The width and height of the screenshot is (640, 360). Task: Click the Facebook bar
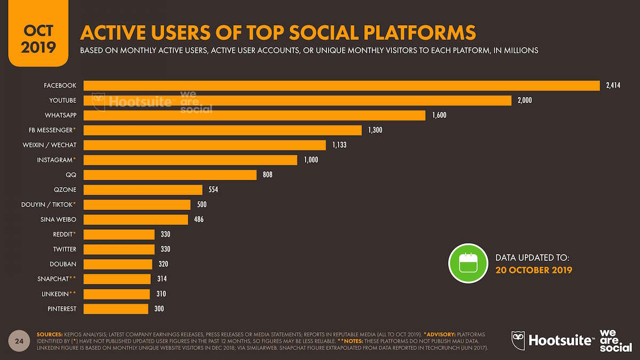pos(341,85)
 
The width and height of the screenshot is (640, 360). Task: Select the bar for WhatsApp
pos(254,115)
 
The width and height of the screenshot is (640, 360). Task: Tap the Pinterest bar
pos(116,309)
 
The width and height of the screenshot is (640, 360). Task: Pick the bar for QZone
pos(143,190)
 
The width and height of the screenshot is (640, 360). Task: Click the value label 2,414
pos(613,85)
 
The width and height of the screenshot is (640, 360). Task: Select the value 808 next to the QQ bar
pos(267,175)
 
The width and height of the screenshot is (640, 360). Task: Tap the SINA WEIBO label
pos(58,219)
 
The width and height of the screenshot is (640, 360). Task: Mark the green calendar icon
pos(468,263)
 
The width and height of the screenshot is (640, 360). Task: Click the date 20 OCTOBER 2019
pos(533,270)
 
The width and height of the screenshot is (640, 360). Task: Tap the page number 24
pos(19,340)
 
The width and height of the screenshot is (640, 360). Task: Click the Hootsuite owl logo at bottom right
pos(519,340)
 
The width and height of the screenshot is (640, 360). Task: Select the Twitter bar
pos(119,249)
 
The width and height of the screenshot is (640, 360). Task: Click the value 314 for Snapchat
pos(162,279)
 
